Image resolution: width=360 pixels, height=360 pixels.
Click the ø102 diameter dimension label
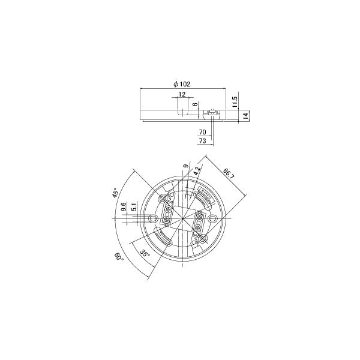click(x=182, y=84)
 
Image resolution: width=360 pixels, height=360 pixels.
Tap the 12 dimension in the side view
click(x=182, y=94)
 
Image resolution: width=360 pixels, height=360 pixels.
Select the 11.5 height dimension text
click(x=234, y=102)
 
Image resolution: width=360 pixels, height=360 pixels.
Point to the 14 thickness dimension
click(x=245, y=115)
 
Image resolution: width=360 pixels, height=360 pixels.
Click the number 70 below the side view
click(x=203, y=132)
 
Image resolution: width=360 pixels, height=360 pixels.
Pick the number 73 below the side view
click(x=203, y=140)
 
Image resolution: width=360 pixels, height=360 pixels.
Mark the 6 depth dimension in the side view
click(x=195, y=104)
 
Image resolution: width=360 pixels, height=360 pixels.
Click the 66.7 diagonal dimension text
click(x=229, y=174)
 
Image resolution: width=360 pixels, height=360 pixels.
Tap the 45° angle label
click(x=115, y=193)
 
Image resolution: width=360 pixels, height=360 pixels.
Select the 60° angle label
click(x=119, y=256)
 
